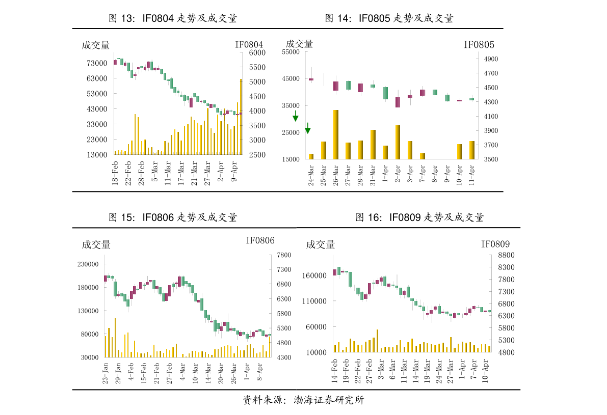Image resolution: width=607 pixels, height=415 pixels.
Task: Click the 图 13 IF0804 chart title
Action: click(173, 18)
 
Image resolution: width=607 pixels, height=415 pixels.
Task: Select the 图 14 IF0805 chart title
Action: click(389, 18)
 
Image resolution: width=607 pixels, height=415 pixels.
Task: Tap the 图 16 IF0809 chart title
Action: click(419, 217)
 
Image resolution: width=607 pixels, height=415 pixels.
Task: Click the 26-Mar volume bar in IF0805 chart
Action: click(336, 134)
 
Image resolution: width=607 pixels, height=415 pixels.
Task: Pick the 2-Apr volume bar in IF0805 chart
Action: click(398, 142)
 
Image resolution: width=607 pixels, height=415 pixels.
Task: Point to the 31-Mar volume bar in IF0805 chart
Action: click(373, 145)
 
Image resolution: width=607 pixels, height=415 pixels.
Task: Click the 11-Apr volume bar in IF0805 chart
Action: click(472, 150)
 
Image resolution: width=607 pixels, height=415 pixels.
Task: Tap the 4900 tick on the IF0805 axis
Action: click(491, 59)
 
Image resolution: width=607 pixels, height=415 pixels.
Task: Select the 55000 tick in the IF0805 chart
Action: click(291, 52)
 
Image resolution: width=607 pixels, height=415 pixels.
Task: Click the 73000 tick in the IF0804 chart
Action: click(97, 63)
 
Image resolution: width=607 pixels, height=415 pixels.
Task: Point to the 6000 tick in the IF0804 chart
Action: click(257, 52)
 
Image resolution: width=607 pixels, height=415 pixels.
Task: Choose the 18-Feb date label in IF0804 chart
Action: click(115, 173)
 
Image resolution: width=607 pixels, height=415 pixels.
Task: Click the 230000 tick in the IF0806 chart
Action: click(88, 264)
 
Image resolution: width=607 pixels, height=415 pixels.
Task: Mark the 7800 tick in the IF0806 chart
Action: click(284, 255)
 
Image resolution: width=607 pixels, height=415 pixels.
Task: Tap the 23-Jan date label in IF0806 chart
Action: click(105, 373)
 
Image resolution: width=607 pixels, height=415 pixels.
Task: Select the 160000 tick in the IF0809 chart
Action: click(314, 275)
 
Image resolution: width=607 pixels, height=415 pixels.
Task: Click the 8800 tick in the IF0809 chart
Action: click(507, 255)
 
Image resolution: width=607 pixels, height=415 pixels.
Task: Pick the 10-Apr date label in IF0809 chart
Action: click(485, 371)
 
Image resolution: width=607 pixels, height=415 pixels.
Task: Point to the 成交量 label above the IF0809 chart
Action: click(321, 245)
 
